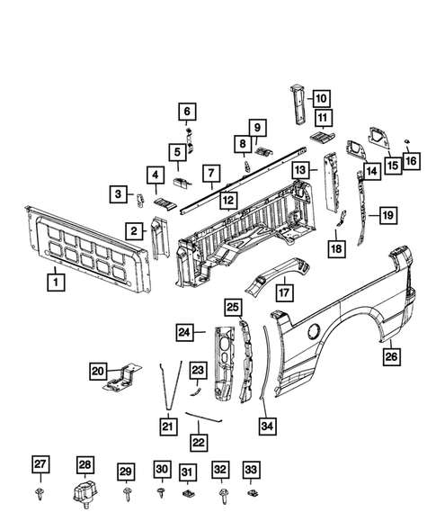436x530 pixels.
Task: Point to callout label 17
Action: pos(284,292)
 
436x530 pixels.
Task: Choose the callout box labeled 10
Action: pos(321,99)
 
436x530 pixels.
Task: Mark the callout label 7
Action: pos(209,173)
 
